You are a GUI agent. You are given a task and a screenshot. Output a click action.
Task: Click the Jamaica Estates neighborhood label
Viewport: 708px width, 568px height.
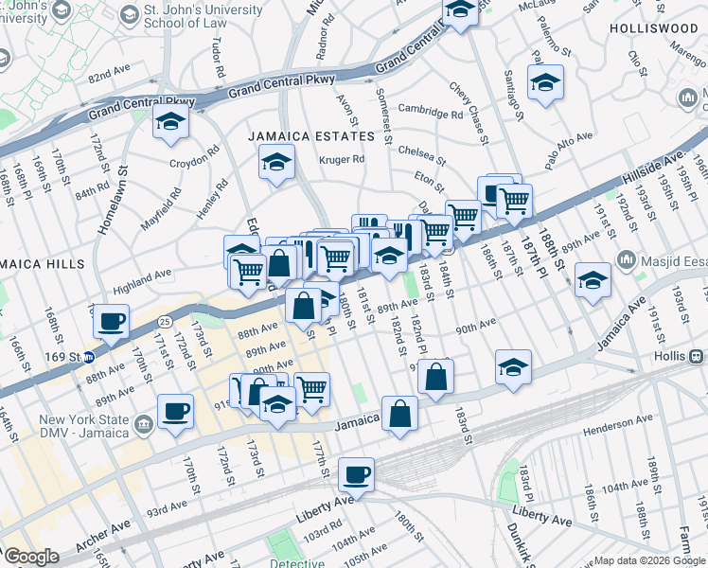[x=311, y=136]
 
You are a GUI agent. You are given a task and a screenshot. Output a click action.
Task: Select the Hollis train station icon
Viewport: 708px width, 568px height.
[x=697, y=357]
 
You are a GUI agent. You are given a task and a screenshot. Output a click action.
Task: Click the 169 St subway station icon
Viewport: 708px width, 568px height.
[x=88, y=358]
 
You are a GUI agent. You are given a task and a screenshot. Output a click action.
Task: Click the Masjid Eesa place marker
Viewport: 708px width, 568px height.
[x=627, y=258]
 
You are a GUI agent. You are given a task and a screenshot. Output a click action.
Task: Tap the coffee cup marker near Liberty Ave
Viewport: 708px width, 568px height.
[x=356, y=474]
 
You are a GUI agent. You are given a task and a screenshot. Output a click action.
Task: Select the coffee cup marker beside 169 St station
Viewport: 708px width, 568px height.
[x=112, y=321]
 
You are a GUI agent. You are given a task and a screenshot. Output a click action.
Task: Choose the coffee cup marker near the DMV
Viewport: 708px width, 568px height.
[x=176, y=413]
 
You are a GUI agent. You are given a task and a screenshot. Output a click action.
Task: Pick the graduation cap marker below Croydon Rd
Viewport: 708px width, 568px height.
[x=170, y=123]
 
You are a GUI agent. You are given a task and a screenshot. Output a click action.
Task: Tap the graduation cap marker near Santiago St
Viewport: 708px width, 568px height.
[x=545, y=83]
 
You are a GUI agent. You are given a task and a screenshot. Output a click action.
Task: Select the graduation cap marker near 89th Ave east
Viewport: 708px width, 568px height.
[x=593, y=280]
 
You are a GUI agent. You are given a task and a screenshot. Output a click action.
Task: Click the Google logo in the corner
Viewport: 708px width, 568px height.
[x=31, y=557]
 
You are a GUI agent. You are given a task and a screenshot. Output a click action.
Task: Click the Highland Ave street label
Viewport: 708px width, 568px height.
[x=142, y=276]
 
